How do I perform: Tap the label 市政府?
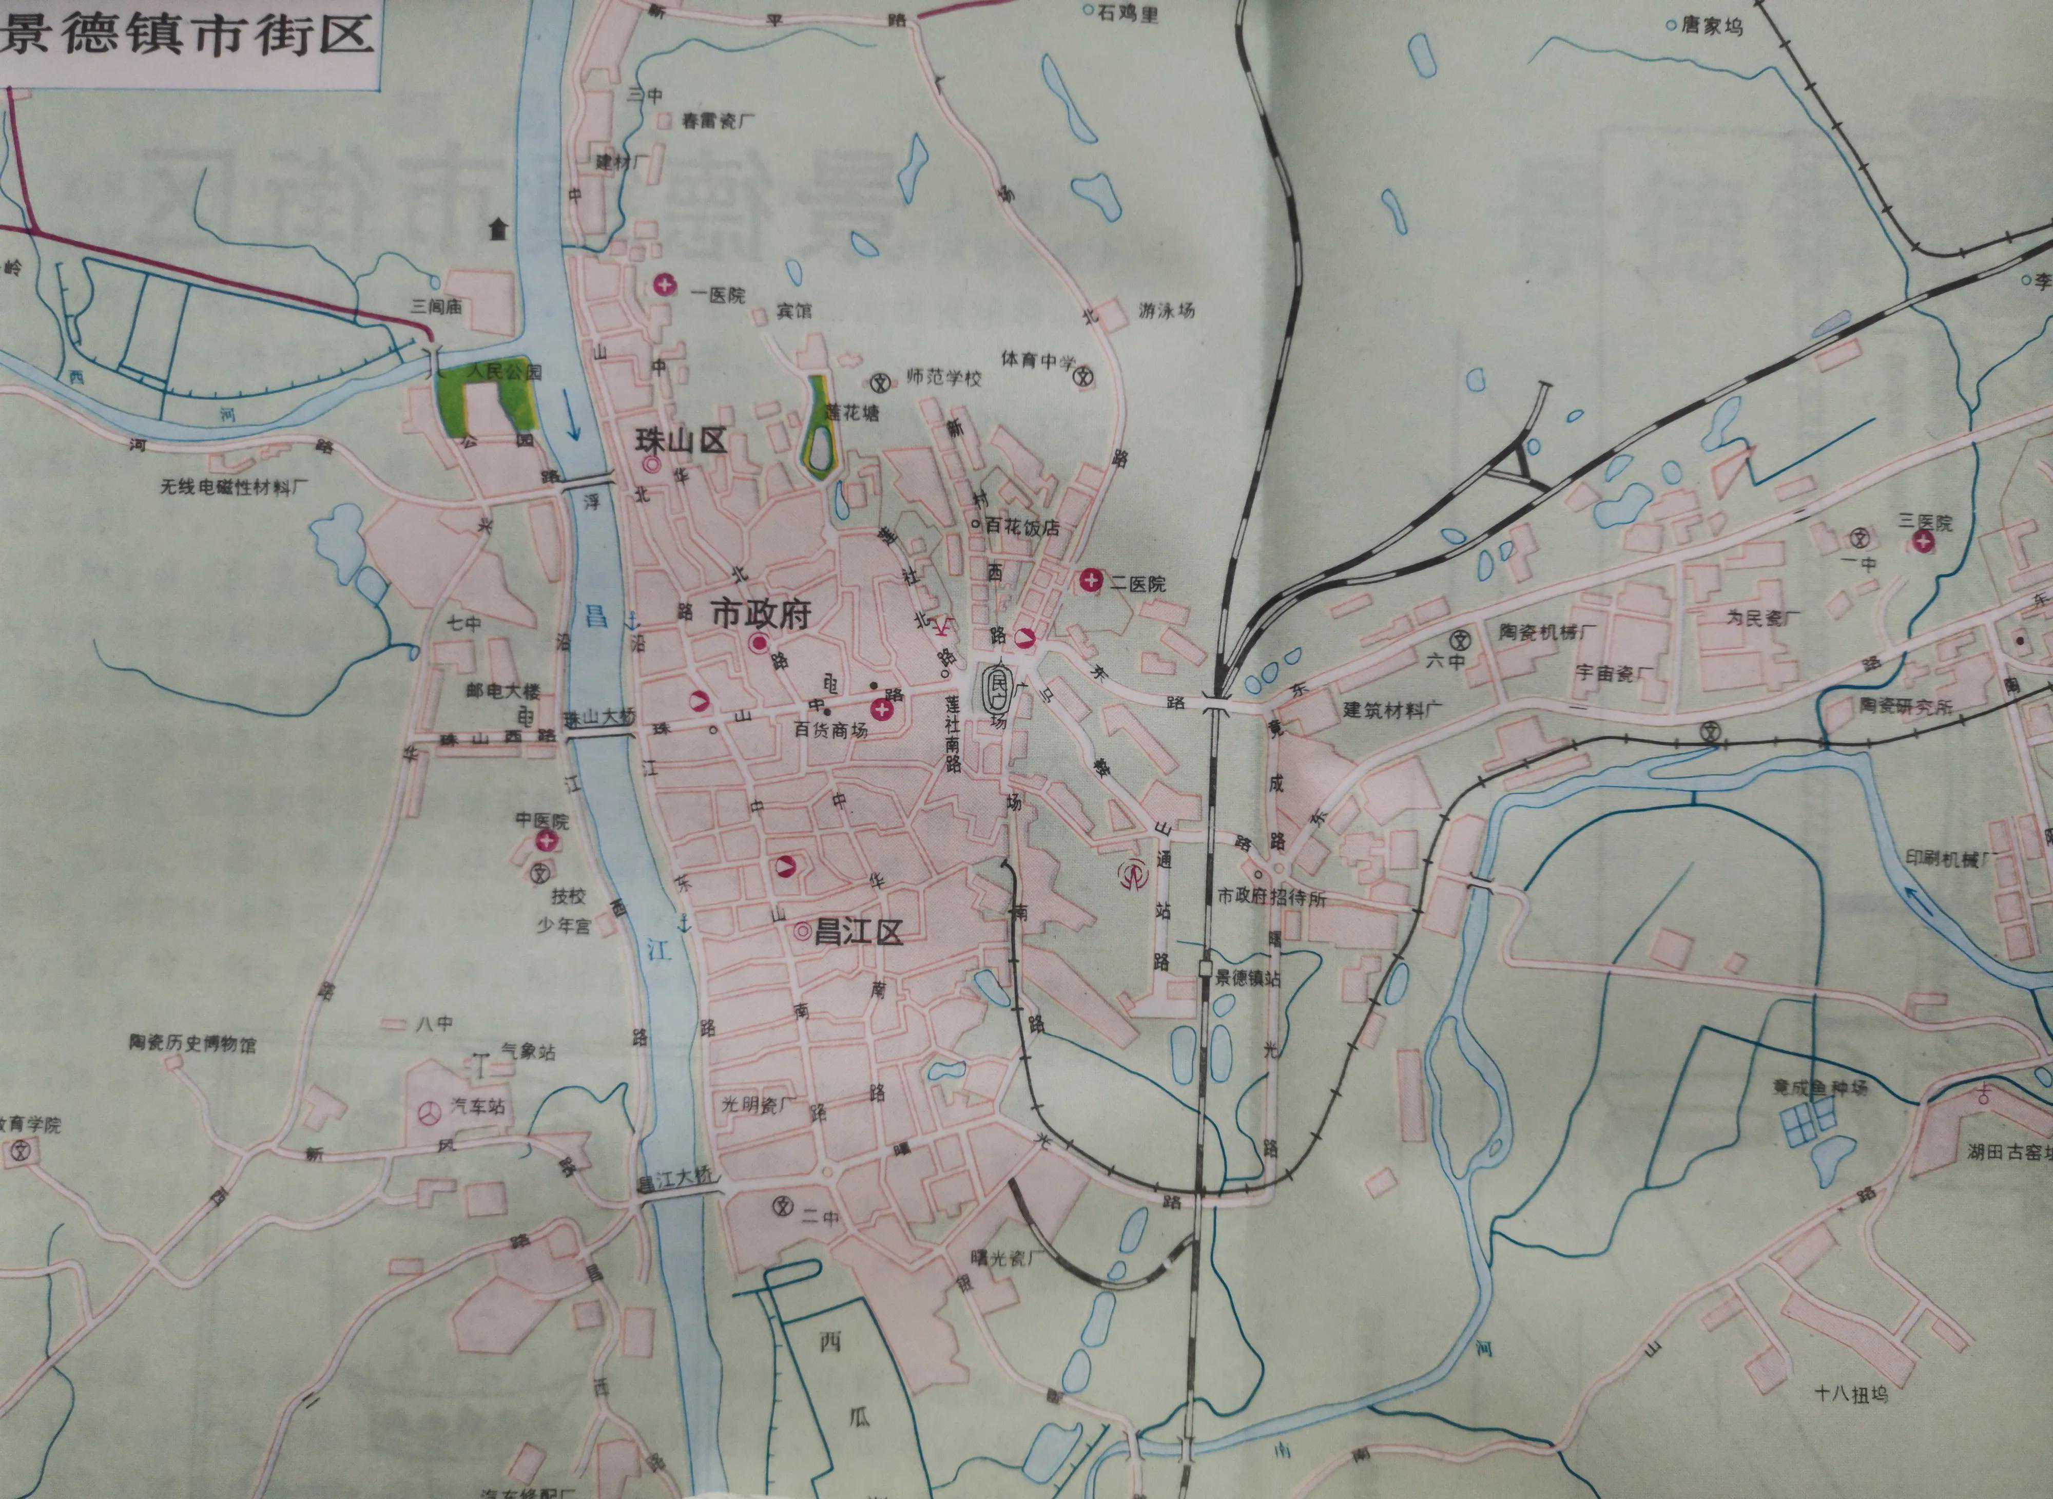click(760, 614)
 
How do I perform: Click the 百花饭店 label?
click(1022, 527)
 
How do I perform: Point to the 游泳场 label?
click(1167, 311)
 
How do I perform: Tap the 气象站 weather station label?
click(527, 1052)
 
